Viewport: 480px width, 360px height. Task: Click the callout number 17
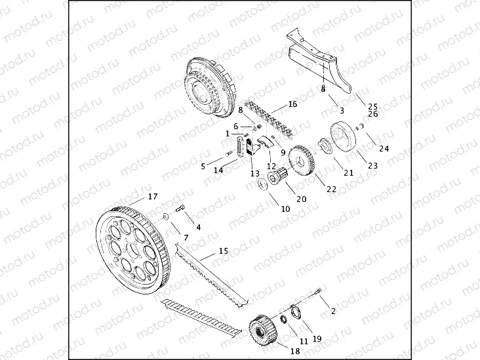click(x=152, y=196)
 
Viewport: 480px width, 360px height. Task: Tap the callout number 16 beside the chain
click(x=292, y=104)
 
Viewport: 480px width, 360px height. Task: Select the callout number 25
click(x=372, y=106)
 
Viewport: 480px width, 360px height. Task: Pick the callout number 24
click(x=384, y=149)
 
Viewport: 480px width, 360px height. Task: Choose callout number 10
click(x=285, y=209)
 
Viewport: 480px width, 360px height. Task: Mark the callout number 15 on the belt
click(x=223, y=250)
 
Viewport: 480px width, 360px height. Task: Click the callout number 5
click(x=203, y=166)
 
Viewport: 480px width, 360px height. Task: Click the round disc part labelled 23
click(x=344, y=137)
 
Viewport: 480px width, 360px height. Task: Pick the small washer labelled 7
click(x=165, y=216)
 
